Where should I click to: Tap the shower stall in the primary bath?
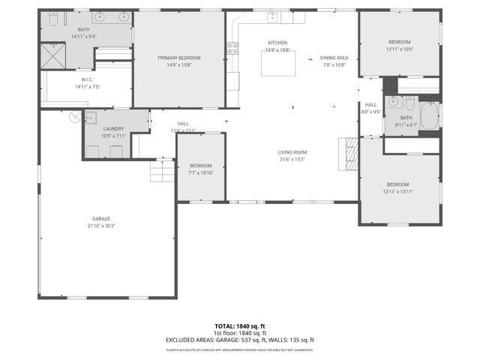click(52, 56)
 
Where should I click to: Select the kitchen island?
click(275, 64)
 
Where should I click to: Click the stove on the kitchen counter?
click(232, 48)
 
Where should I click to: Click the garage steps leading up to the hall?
click(162, 172)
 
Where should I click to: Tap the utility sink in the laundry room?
click(91, 118)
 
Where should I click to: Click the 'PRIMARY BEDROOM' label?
click(178, 58)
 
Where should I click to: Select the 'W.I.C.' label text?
click(87, 79)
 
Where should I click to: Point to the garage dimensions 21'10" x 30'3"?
click(100, 226)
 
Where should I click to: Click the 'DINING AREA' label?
click(333, 58)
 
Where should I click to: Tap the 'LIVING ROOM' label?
click(292, 152)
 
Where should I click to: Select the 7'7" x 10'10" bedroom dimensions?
click(200, 172)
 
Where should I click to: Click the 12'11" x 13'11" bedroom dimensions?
click(397, 192)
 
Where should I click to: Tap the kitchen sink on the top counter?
click(271, 16)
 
